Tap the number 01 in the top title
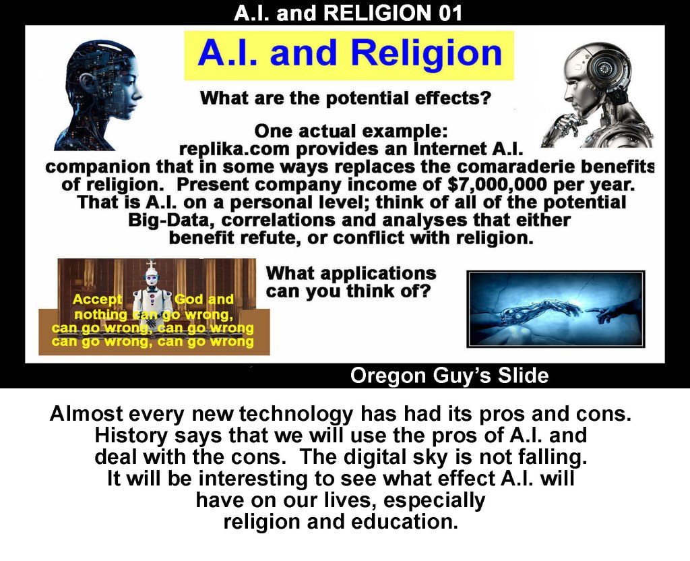450,13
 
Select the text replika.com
235,150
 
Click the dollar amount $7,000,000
497,185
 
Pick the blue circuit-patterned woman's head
99,94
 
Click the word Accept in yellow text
97,299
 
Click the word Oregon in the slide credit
388,376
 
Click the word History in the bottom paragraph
131,436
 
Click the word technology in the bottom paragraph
296,414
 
